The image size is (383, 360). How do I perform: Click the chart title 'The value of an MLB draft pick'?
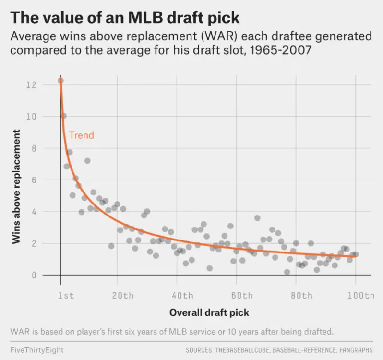pos(125,17)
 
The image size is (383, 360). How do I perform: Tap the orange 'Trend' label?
pos(82,135)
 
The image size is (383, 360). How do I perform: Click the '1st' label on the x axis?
pos(66,296)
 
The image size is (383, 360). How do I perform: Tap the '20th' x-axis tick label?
pos(122,296)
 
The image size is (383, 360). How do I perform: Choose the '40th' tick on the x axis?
pos(182,296)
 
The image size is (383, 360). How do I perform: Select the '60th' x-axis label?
pos(241,296)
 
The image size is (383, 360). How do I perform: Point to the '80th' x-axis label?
pos(301,296)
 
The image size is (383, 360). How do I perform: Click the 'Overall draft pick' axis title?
pos(209,313)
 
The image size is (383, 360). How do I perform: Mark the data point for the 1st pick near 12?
pos(60,81)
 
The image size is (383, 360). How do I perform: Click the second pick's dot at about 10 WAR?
pos(63,116)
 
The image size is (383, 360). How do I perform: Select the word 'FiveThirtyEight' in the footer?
pos(36,349)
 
